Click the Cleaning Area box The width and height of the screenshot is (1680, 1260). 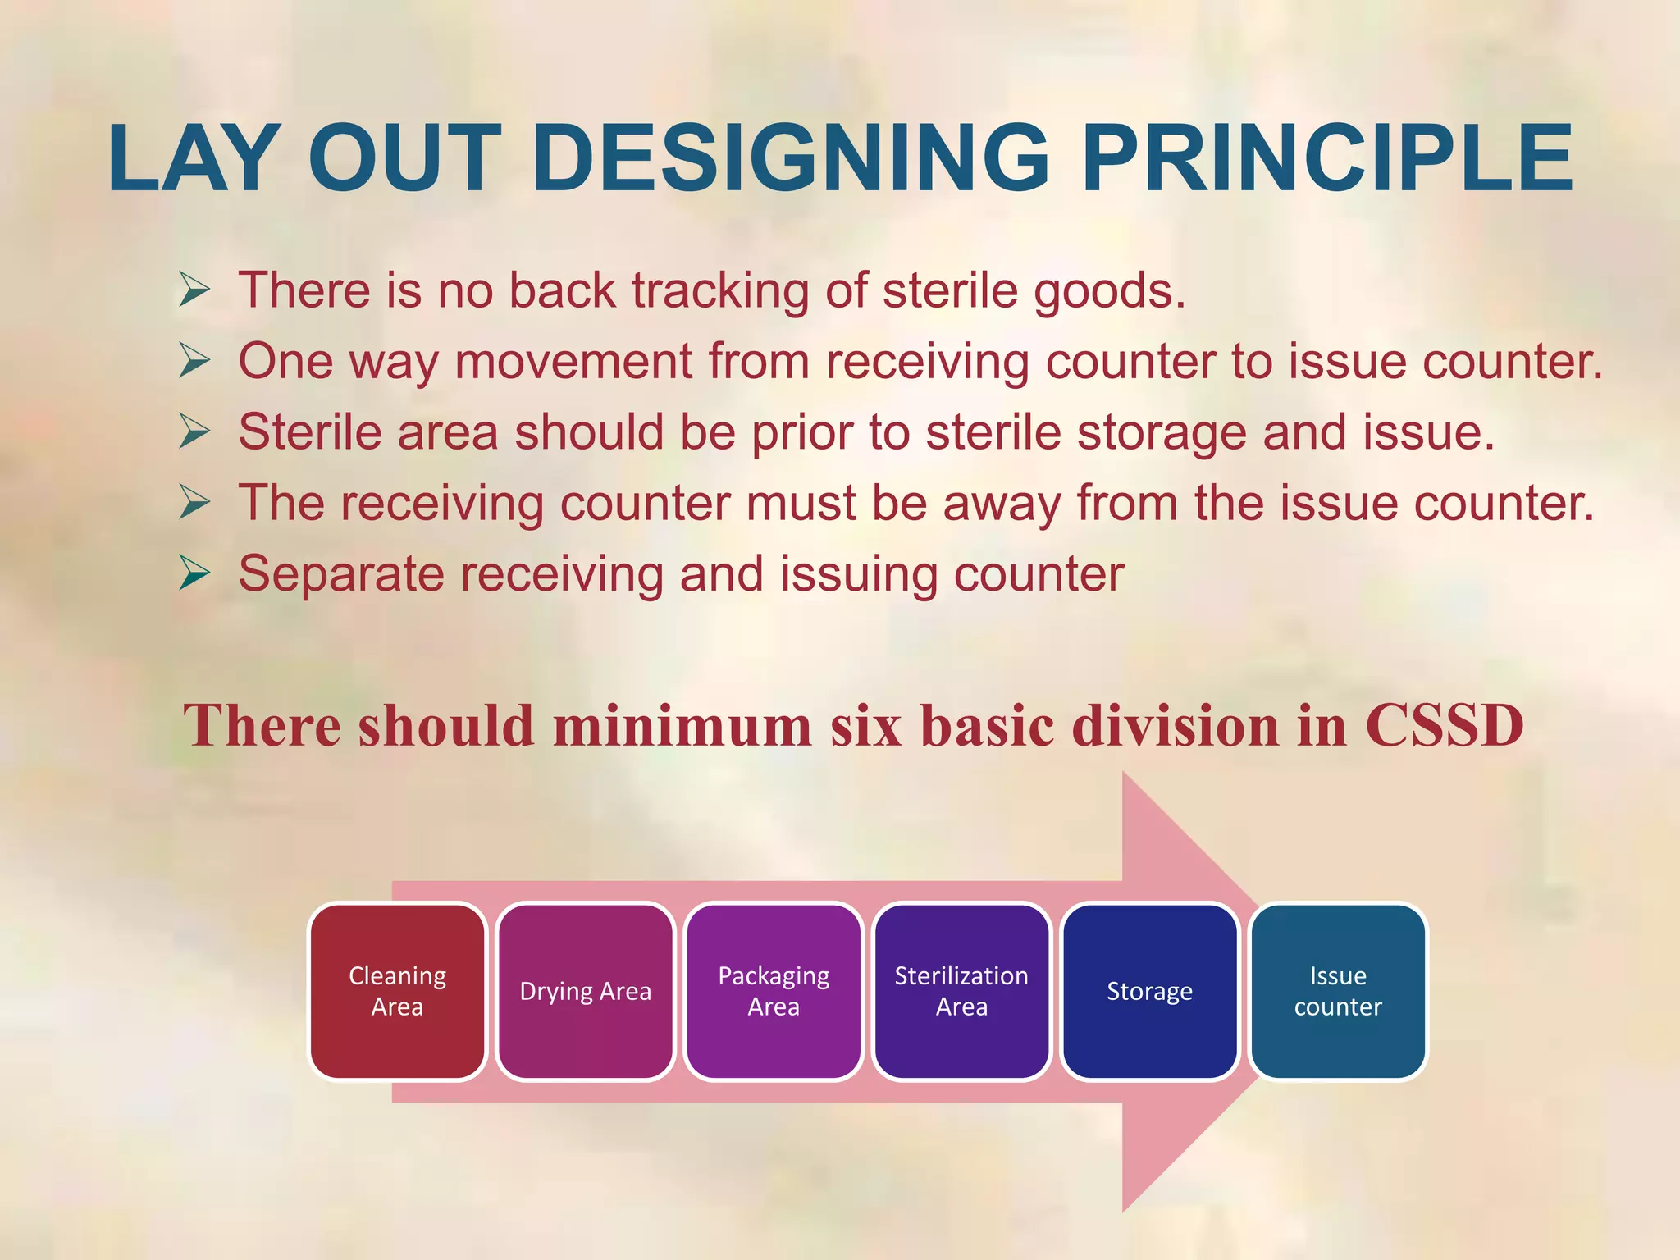click(398, 991)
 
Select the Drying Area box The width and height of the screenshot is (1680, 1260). click(586, 991)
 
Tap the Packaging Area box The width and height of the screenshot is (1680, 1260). click(774, 991)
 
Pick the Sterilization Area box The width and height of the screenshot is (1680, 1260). click(961, 991)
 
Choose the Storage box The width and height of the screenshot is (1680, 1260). click(1149, 991)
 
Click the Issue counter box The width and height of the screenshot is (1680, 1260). click(1338, 991)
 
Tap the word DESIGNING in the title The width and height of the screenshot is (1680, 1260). click(791, 158)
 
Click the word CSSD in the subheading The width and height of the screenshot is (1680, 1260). click(1444, 726)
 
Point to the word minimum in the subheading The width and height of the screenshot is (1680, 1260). click(682, 726)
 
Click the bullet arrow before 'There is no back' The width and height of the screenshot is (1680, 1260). click(194, 290)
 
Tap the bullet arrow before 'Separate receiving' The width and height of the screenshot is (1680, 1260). click(194, 573)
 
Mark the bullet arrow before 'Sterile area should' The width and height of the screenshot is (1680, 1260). click(194, 431)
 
